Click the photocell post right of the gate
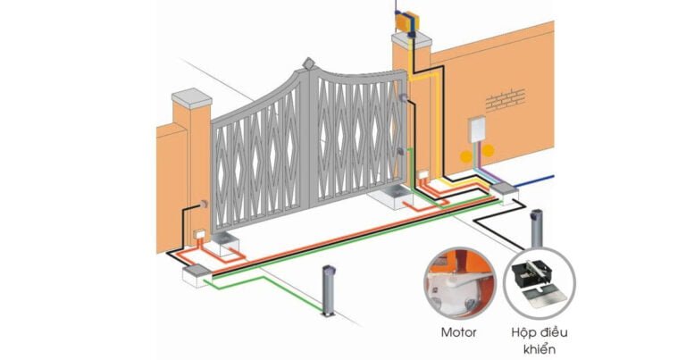[x=537, y=229]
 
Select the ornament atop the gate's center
[x=309, y=64]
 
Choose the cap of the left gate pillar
[x=191, y=96]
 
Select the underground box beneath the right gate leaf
[x=392, y=197]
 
